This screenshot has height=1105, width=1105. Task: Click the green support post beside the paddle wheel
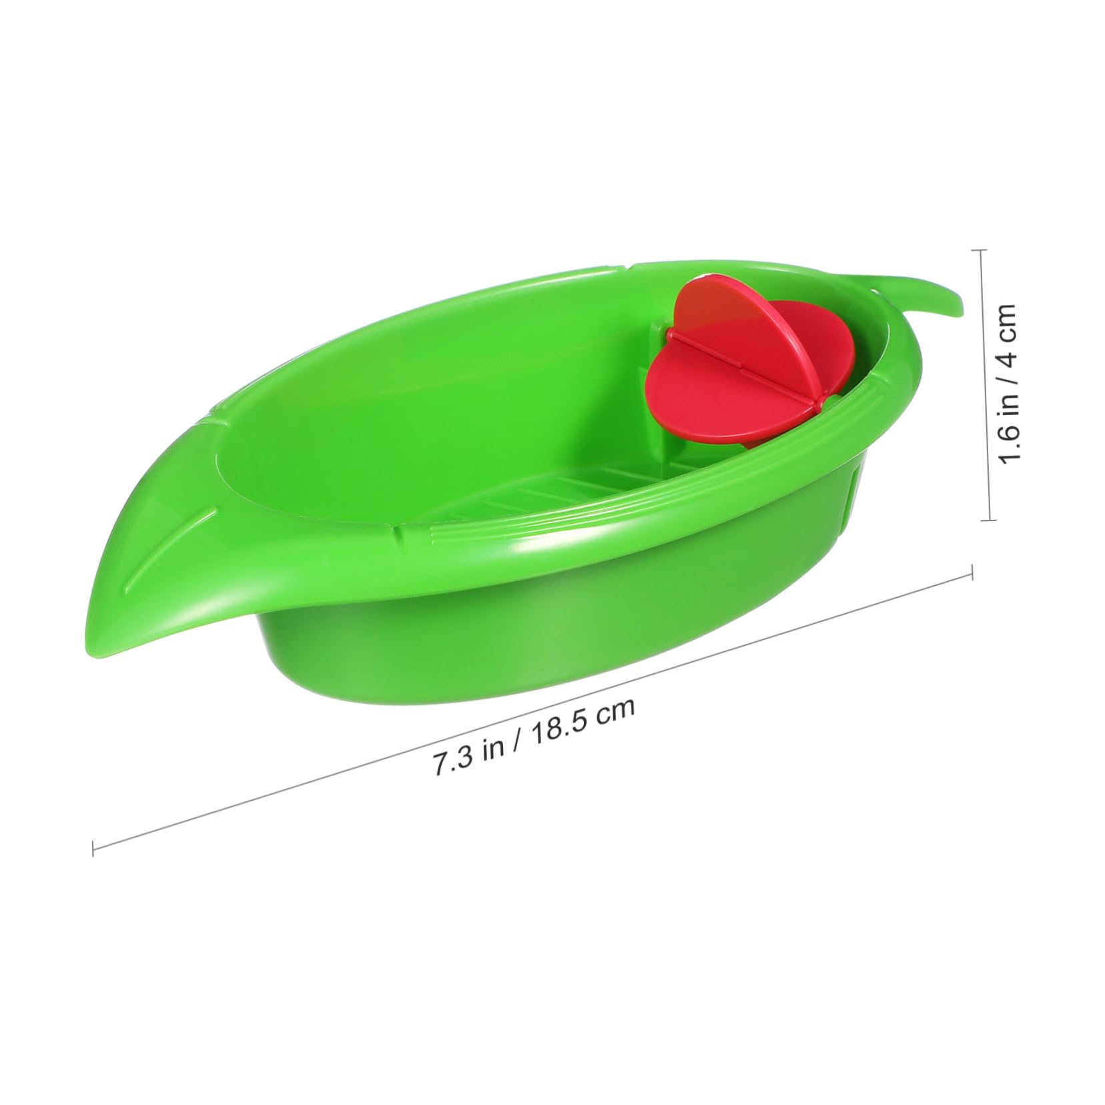point(661,347)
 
